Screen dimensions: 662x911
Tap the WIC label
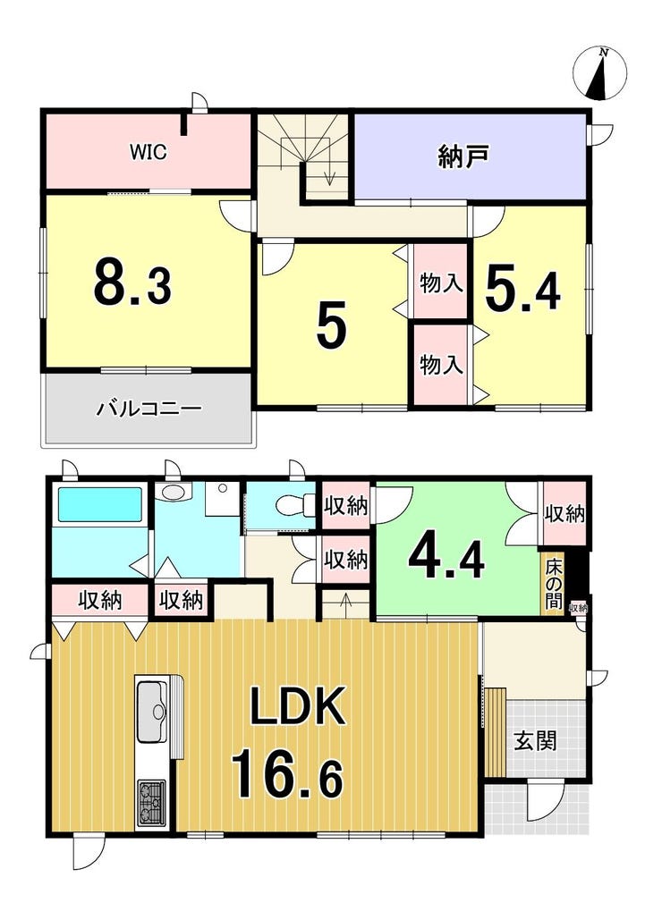149,152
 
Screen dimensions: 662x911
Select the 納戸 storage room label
463,156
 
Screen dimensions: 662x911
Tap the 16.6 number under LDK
287,774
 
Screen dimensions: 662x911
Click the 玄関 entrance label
535,741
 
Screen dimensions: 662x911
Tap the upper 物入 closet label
441,284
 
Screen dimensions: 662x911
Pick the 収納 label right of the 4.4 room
564,513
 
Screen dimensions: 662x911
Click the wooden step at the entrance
496,732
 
